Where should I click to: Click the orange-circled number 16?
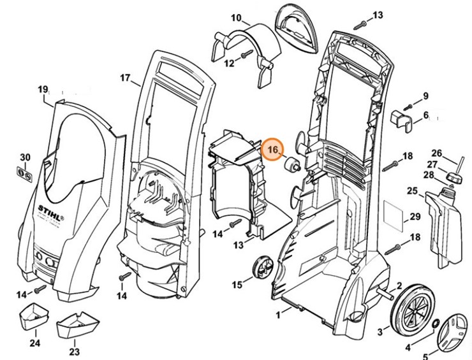[x=274, y=149]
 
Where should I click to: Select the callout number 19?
[x=43, y=89]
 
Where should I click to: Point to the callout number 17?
[x=125, y=78]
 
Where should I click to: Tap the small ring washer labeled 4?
[x=435, y=326]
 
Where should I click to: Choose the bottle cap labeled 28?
[x=456, y=176]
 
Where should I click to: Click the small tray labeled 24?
[x=35, y=317]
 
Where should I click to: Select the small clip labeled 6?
[x=400, y=119]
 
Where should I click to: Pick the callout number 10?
[x=218, y=17]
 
